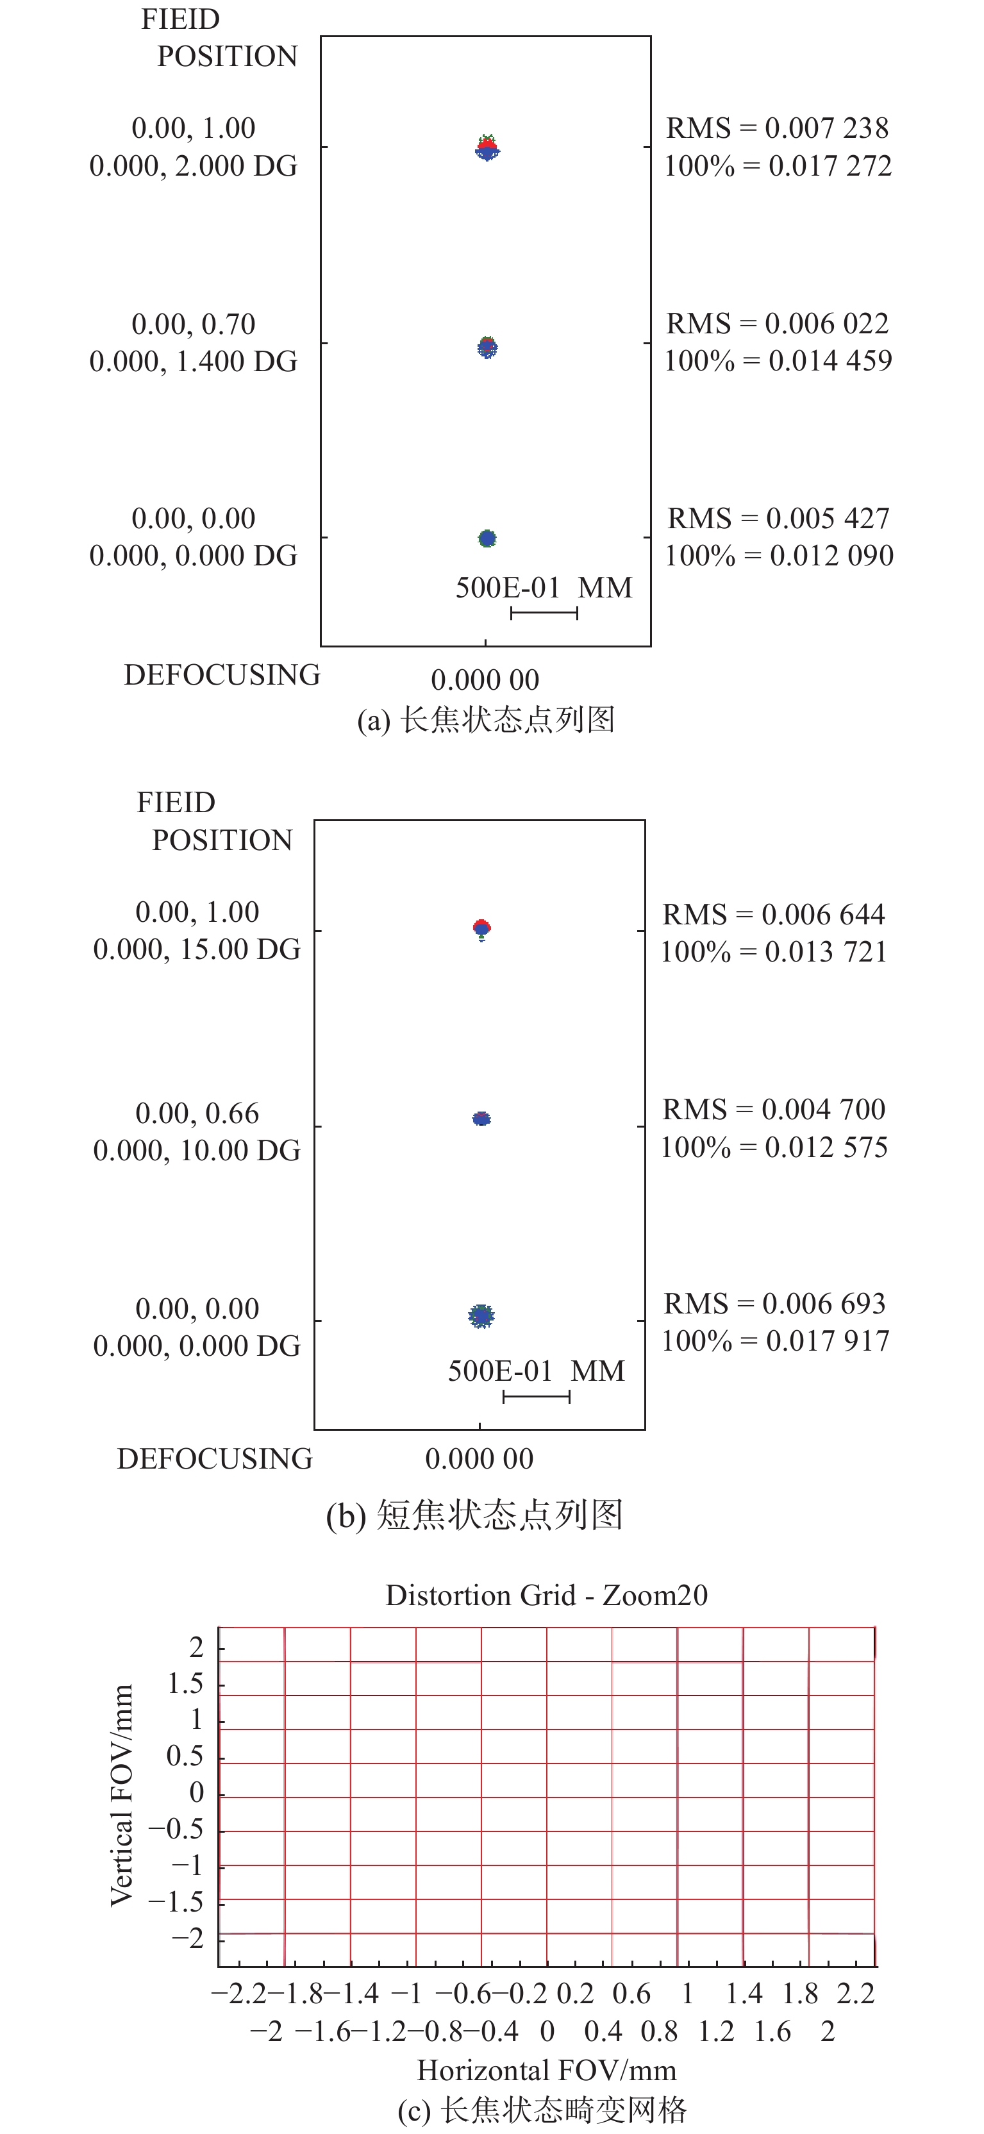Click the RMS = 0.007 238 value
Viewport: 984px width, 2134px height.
[777, 128]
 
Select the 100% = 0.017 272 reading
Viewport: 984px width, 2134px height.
[778, 165]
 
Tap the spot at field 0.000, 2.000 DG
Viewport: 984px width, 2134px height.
[487, 147]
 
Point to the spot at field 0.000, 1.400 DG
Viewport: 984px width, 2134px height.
[487, 347]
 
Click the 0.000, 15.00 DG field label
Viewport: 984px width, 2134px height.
[196, 949]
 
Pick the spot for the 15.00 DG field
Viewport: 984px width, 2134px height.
[481, 929]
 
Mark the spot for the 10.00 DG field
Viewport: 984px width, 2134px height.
[481, 1119]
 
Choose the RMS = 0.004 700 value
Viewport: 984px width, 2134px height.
[774, 1109]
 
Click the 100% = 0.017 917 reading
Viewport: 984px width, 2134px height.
[775, 1340]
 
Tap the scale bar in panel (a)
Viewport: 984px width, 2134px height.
[544, 613]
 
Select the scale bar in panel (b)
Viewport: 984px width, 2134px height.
[537, 1397]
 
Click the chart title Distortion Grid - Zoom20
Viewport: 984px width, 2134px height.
[547, 1596]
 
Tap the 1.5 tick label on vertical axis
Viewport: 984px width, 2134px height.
[185, 1683]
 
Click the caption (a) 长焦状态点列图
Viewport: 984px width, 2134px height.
[485, 720]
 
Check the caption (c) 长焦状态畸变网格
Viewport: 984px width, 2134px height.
[542, 2110]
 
